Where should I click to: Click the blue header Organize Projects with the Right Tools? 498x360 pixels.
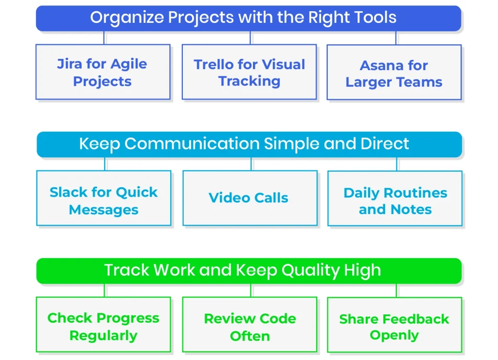(x=249, y=18)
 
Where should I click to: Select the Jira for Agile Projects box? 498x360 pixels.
(x=103, y=72)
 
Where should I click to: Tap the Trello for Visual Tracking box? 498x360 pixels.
(x=249, y=72)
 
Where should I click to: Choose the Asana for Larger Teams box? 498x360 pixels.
(x=394, y=72)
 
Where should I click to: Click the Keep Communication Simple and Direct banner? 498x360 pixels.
(x=249, y=144)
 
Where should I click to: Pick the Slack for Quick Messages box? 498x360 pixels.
(x=104, y=198)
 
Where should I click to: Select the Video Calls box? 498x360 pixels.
(x=250, y=198)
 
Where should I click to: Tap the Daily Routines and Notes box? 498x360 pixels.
(x=395, y=198)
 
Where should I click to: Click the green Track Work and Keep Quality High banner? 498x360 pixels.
(x=249, y=270)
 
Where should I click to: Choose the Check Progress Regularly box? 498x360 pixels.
(x=104, y=324)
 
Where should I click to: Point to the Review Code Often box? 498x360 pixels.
(x=249, y=324)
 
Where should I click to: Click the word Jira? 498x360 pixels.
(x=70, y=64)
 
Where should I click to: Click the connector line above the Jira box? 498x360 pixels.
(x=104, y=38)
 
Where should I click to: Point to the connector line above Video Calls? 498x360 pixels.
(x=251, y=164)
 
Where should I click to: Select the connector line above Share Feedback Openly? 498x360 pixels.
(x=396, y=290)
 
